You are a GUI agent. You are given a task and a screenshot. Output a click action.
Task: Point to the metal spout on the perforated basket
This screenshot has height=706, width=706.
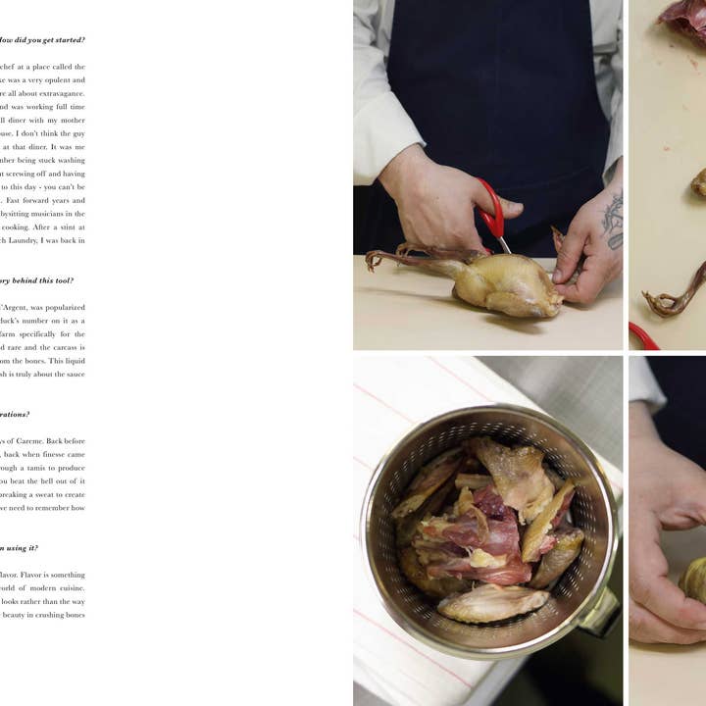point(600,614)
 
